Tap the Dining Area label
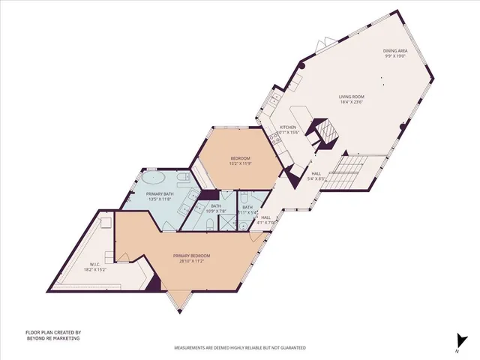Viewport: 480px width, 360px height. click(x=395, y=52)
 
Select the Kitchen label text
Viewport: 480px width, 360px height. click(x=289, y=127)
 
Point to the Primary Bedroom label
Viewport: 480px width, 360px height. click(x=189, y=256)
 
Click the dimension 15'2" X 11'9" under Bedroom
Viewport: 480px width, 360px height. click(x=239, y=164)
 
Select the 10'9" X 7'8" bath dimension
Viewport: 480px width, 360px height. click(x=216, y=211)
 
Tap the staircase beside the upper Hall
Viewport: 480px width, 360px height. click(x=349, y=175)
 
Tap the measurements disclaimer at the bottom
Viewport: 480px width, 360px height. click(x=239, y=348)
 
